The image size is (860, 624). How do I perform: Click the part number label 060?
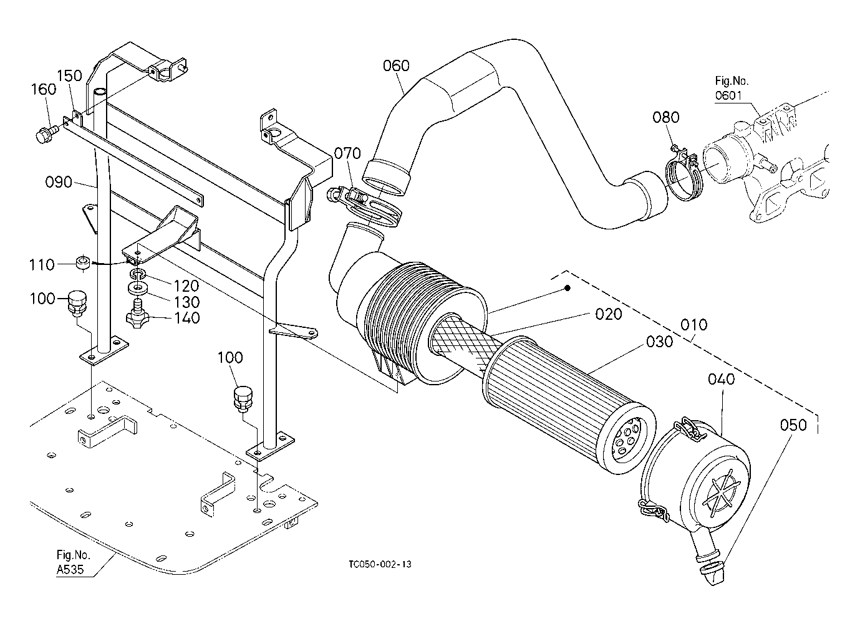click(396, 65)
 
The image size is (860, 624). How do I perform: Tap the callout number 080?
click(666, 117)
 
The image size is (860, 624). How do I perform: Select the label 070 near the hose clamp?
click(347, 153)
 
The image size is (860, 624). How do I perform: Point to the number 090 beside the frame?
click(59, 181)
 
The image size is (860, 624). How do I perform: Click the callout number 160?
click(44, 89)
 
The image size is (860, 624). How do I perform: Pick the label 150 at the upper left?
click(69, 75)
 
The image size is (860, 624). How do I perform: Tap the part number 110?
click(42, 265)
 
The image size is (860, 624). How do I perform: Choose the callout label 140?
click(187, 318)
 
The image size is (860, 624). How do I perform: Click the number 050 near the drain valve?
click(793, 425)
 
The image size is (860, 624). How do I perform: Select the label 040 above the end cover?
click(722, 379)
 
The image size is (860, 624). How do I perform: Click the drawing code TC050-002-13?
click(380, 564)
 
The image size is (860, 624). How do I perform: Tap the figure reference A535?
click(70, 569)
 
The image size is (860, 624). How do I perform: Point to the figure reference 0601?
click(728, 95)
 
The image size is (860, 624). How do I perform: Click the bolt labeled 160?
click(46, 133)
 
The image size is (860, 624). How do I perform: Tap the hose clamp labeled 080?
click(684, 175)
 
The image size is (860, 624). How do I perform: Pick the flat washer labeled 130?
click(137, 288)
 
